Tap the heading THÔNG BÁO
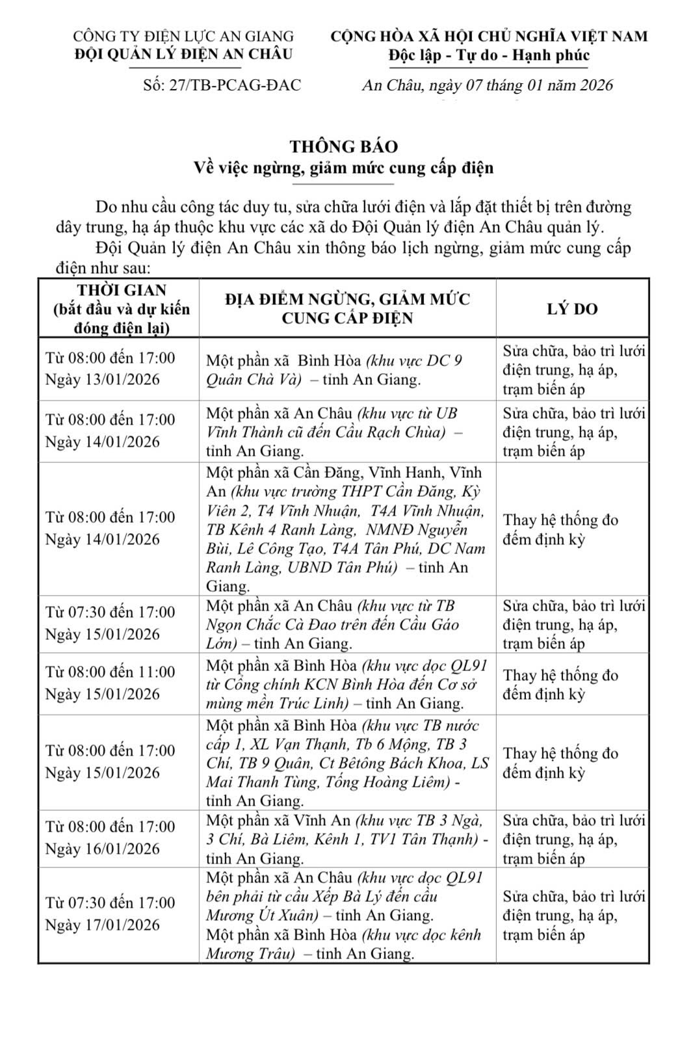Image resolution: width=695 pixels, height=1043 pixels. click(x=344, y=146)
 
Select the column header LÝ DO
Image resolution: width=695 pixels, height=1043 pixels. click(x=572, y=309)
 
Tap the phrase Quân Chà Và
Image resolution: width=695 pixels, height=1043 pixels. click(x=254, y=380)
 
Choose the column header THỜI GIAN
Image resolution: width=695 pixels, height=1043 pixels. click(x=122, y=290)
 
